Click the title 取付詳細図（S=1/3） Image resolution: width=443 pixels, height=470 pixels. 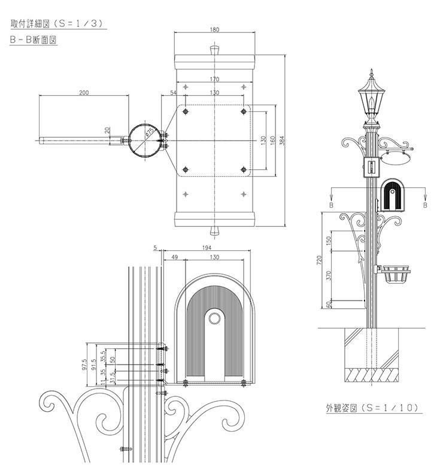click(58, 25)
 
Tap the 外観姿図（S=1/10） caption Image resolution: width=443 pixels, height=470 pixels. click(372, 408)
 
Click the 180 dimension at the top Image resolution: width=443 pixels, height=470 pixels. click(215, 29)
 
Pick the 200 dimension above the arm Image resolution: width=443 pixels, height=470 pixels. click(83, 92)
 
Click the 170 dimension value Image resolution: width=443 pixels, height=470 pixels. click(214, 80)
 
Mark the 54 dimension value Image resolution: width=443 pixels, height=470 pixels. click(174, 93)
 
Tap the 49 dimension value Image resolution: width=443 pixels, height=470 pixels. click(174, 257)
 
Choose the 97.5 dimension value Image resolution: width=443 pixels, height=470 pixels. click(85, 364)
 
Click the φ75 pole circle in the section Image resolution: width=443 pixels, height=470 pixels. click(145, 141)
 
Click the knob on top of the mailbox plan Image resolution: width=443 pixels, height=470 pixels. click(215, 48)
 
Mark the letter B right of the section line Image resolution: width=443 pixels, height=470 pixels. click(425, 205)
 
